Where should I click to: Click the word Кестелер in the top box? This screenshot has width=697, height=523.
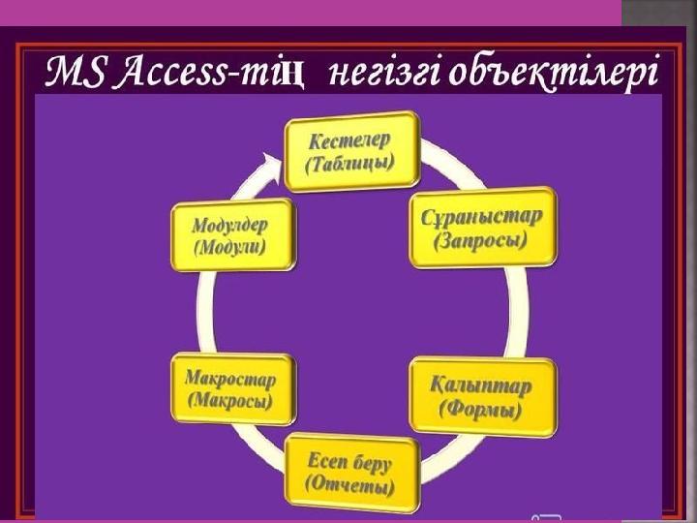pos(349,141)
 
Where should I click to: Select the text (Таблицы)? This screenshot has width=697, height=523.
pos(350,164)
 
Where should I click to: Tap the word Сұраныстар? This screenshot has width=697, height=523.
pos(482,217)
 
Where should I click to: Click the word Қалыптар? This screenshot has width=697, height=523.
pos(480,385)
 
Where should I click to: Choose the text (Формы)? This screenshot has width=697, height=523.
pos(480,409)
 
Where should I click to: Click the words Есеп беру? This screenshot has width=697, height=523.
pos(349,463)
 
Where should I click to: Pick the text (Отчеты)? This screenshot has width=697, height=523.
pos(349,485)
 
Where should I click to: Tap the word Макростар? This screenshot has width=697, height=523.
pos(230,379)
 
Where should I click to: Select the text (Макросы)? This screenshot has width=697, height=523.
pos(229,401)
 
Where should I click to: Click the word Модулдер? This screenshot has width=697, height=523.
pos(229,225)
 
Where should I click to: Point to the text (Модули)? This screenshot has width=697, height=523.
pos(229,247)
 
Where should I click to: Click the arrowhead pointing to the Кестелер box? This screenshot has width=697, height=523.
pos(272,165)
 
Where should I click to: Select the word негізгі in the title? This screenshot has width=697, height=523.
pos(382,74)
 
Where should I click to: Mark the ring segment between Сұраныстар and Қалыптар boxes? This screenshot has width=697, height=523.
pos(518,313)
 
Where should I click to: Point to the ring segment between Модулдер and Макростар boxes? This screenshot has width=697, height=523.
pos(204,312)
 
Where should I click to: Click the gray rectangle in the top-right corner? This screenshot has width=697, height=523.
pos(659,13)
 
